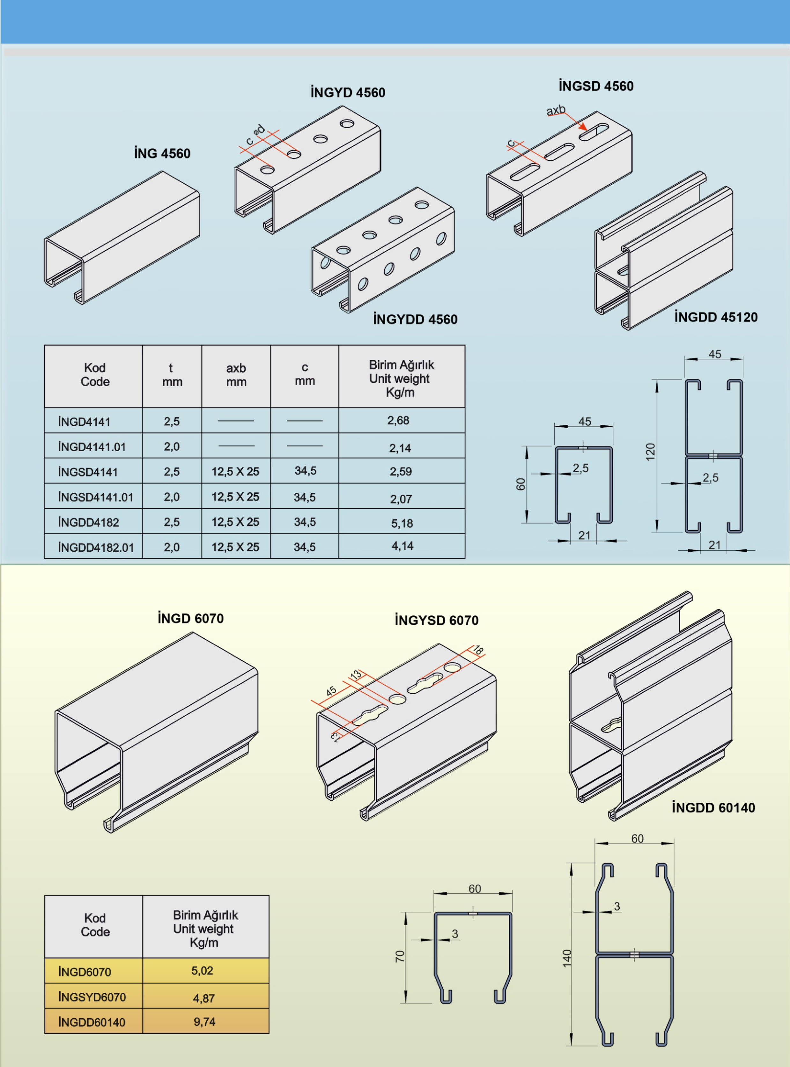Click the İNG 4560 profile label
coord(162,153)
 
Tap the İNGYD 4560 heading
coord(348,92)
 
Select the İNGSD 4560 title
coord(596,86)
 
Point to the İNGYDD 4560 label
coord(415,319)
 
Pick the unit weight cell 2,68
coord(398,421)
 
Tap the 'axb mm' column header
coord(236,375)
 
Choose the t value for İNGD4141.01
coord(172,446)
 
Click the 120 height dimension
coord(650,452)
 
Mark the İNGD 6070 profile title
coord(191,619)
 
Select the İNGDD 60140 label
coord(713,808)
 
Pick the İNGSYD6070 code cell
coord(92,997)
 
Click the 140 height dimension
coord(567,959)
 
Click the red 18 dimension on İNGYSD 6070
coord(478,650)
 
